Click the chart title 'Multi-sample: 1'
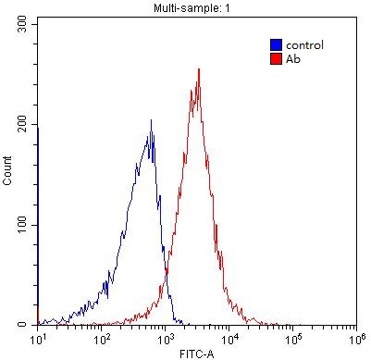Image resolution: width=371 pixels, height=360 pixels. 196,7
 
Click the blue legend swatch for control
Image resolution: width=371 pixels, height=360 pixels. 276,44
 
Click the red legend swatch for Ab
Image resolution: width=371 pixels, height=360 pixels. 276,58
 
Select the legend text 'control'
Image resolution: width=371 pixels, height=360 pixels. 303,44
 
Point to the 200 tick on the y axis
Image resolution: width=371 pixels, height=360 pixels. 21,124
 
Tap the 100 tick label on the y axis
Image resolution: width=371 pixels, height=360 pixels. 21,225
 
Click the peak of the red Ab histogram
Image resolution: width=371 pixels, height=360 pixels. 199,69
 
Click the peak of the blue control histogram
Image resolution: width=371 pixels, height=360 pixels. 151,121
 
